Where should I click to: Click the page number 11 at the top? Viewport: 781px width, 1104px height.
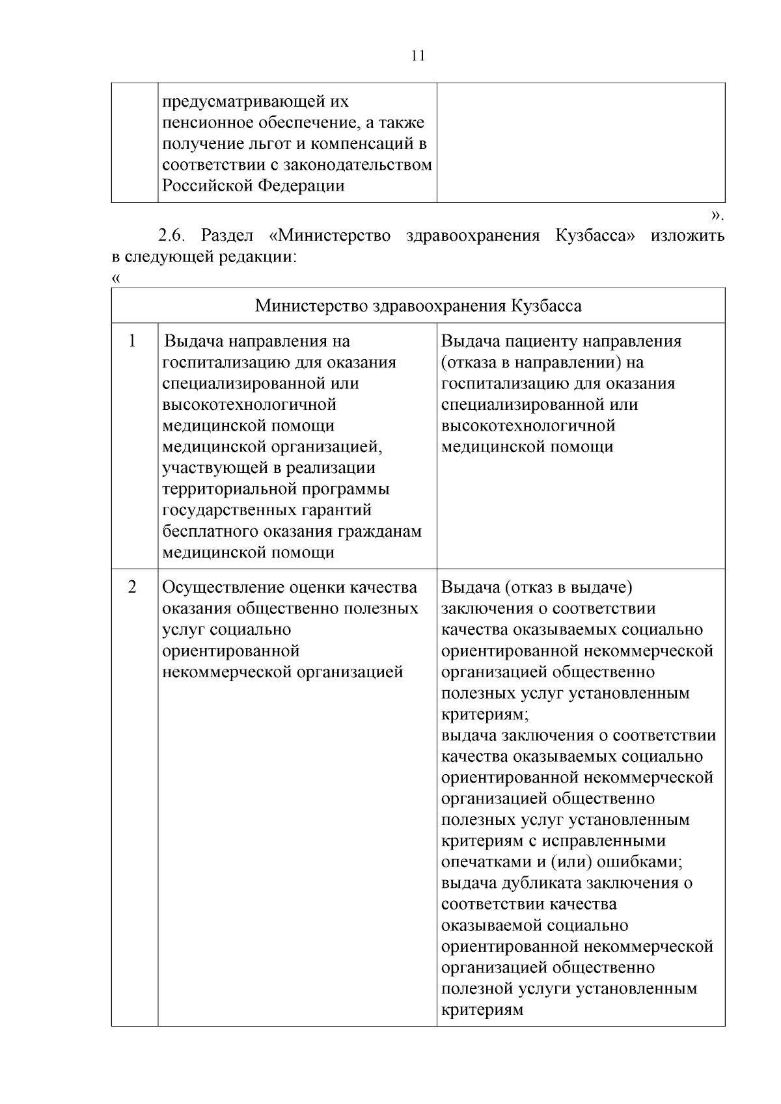418,56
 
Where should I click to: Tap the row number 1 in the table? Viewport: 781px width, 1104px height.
133,341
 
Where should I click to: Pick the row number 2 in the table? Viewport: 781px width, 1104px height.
133,587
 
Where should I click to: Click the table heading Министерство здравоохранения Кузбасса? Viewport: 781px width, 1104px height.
418,306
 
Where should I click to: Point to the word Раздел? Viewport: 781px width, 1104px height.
227,236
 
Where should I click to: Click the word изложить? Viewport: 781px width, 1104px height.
687,236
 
